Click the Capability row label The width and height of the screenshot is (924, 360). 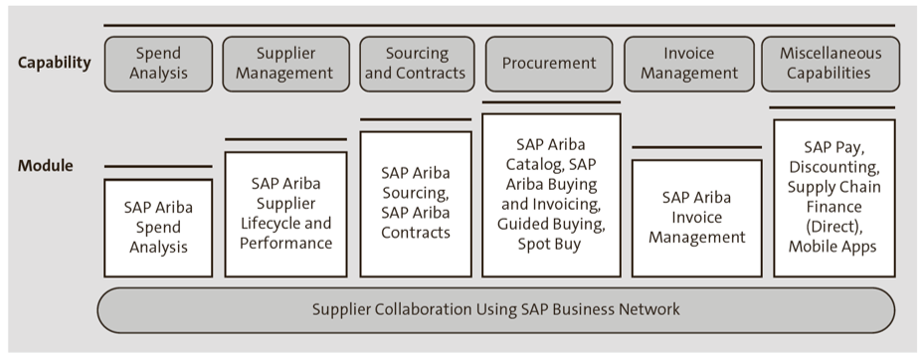pyautogui.click(x=54, y=64)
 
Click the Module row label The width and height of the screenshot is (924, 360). pyautogui.click(x=45, y=166)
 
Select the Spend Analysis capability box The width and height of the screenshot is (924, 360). pyautogui.click(x=158, y=64)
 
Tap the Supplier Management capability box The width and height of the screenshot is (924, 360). pyautogui.click(x=285, y=64)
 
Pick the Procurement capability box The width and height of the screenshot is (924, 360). pyautogui.click(x=549, y=64)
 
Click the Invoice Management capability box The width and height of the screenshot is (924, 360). pyautogui.click(x=688, y=64)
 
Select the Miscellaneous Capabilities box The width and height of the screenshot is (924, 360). pyautogui.click(x=831, y=64)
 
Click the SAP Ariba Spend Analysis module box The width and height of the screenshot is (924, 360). pyautogui.click(x=158, y=228)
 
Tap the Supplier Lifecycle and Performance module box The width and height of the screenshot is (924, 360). pyautogui.click(x=285, y=214)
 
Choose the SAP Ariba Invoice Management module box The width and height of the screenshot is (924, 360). pyautogui.click(x=688, y=218)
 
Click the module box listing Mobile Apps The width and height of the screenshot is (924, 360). pyautogui.click(x=832, y=199)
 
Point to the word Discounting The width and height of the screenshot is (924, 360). pyautogui.click(x=832, y=167)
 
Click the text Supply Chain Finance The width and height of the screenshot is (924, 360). pyautogui.click(x=832, y=197)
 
